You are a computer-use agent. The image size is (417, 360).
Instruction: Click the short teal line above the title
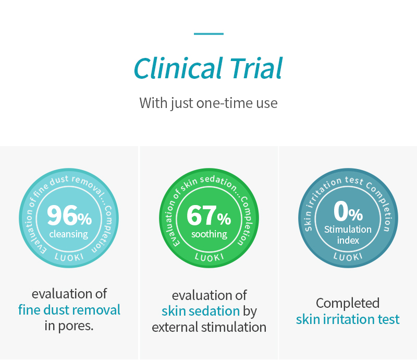pyautogui.click(x=208, y=34)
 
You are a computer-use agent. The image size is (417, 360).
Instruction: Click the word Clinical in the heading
pyautogui.click(x=178, y=68)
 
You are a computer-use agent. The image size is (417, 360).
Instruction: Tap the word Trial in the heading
pyautogui.click(x=256, y=68)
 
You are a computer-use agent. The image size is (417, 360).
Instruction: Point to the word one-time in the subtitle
pyautogui.click(x=225, y=103)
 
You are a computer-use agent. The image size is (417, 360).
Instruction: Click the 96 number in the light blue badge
pyautogui.click(x=62, y=215)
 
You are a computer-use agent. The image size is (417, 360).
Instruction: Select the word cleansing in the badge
pyautogui.click(x=69, y=234)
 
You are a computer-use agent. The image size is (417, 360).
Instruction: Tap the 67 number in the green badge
pyautogui.click(x=202, y=215)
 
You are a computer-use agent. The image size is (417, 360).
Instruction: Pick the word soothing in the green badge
pyautogui.click(x=209, y=234)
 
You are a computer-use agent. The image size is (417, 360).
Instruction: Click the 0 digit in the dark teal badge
pyautogui.click(x=341, y=211)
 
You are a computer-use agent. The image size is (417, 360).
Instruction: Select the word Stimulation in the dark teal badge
pyautogui.click(x=348, y=230)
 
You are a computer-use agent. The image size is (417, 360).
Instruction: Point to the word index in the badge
pyautogui.click(x=348, y=241)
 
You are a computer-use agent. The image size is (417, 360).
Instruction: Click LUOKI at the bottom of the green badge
pyautogui.click(x=210, y=257)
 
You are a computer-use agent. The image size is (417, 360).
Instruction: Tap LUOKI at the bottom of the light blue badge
pyautogui.click(x=69, y=257)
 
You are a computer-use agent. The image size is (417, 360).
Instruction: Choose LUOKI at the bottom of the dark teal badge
pyautogui.click(x=348, y=257)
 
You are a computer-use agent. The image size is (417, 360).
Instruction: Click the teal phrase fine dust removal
pyautogui.click(x=69, y=310)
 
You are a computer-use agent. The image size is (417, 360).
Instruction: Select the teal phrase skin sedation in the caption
pyautogui.click(x=201, y=311)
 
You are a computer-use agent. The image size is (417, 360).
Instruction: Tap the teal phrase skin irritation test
pyautogui.click(x=348, y=319)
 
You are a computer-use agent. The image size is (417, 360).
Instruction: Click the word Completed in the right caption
pyautogui.click(x=348, y=303)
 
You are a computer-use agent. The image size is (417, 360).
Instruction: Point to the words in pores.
pyautogui.click(x=69, y=326)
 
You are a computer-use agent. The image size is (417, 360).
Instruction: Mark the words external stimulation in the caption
pyautogui.click(x=209, y=327)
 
